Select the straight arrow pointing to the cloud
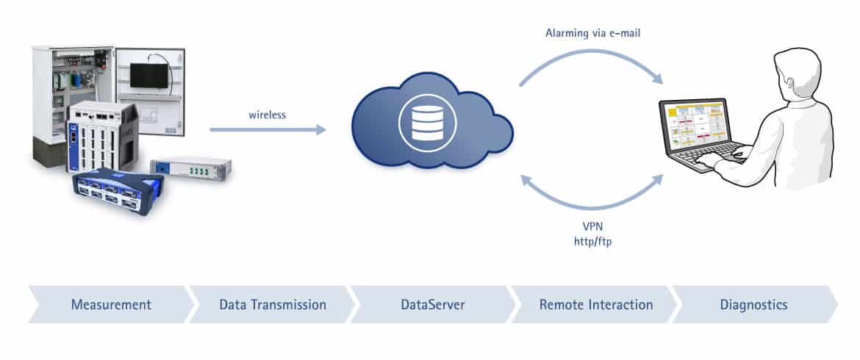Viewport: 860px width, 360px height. [268, 130]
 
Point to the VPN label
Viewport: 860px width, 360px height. [592, 226]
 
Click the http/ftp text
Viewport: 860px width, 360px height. [592, 240]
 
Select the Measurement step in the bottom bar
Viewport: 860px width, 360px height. [111, 304]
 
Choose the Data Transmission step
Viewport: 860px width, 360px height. [273, 304]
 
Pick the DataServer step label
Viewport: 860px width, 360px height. [432, 304]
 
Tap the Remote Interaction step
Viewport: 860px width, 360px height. [595, 304]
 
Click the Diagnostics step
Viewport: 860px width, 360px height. [753, 304]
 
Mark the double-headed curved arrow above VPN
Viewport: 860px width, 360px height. [592, 198]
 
